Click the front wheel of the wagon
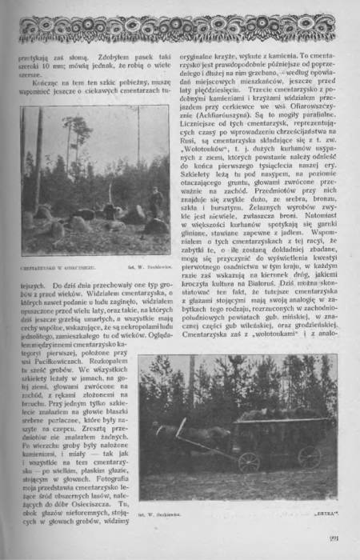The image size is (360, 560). (249, 462)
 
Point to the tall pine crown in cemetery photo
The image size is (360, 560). (76, 128)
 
